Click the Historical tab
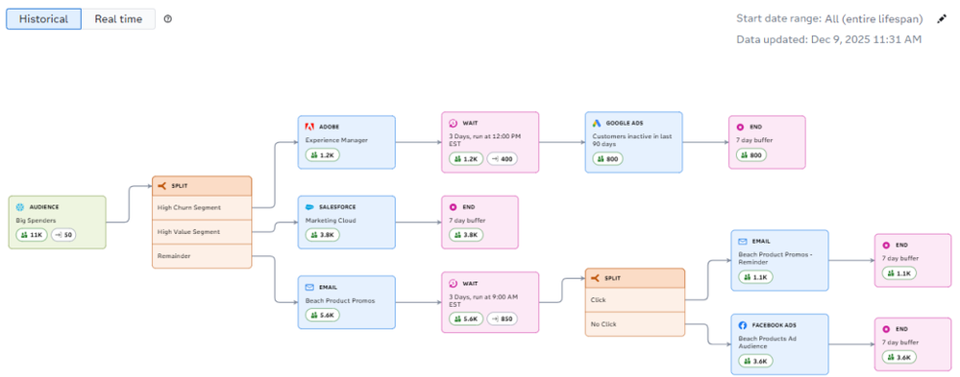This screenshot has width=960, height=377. click(43, 19)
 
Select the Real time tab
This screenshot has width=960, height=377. click(118, 19)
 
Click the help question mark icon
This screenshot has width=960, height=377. click(168, 19)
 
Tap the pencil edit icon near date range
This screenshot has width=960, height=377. click(942, 19)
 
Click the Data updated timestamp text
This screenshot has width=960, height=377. click(828, 39)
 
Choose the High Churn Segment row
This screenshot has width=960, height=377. click(202, 207)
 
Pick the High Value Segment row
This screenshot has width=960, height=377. click(202, 231)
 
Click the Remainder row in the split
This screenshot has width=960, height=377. click(202, 256)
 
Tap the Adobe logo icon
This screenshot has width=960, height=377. click(309, 127)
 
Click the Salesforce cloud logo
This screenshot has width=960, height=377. click(309, 206)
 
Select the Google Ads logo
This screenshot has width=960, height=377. click(596, 123)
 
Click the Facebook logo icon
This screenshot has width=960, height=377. click(742, 326)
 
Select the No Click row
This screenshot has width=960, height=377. click(634, 324)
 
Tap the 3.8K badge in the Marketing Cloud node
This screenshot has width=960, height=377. click(320, 234)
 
